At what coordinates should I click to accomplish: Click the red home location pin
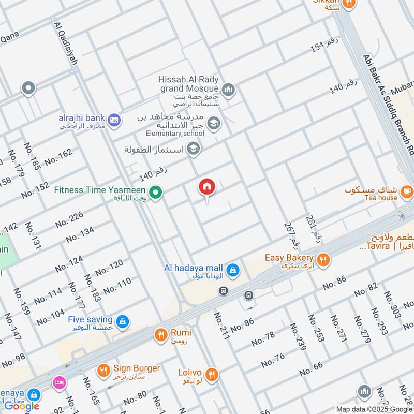coord(207,187)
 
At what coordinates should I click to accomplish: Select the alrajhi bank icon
coord(115,120)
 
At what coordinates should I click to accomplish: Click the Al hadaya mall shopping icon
coord(233,269)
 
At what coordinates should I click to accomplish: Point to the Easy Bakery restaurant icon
coord(323,260)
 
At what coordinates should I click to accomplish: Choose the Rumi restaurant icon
coord(160,335)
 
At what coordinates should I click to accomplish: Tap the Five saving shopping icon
coord(122,322)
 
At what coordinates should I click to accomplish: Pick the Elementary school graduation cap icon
coord(213,123)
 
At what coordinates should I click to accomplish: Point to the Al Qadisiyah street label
coord(65,43)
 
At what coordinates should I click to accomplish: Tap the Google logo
coord(22,406)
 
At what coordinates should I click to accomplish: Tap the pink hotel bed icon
coord(58,382)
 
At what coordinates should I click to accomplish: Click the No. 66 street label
coord(310,368)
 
